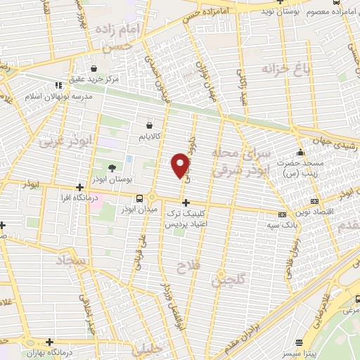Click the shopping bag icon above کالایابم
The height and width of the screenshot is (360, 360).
click(149, 124)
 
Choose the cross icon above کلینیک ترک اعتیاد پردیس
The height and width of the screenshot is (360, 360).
click(185, 202)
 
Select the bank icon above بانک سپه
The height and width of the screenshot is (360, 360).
click(282, 214)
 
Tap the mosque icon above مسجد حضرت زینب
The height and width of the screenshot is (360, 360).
click(300, 152)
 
